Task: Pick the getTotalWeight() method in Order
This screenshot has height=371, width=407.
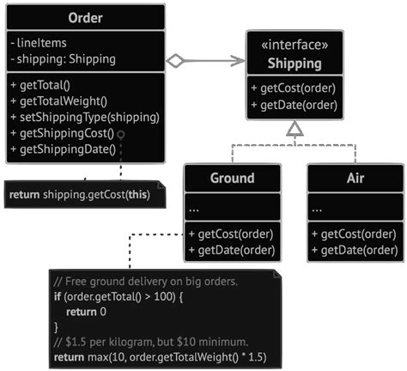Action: coord(63,101)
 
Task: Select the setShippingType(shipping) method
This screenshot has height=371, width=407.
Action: coord(84,117)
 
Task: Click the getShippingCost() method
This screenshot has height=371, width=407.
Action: coord(64,133)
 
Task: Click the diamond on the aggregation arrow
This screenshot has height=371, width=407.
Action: coord(176,60)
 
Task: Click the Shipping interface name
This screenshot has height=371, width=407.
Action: coord(295,64)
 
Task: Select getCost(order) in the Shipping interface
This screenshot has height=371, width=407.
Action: coord(294,88)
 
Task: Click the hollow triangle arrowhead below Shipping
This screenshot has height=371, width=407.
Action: coord(295,129)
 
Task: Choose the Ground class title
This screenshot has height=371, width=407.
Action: coord(232,179)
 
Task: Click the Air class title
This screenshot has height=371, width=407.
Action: coord(355,179)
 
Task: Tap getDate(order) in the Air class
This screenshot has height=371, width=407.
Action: coord(354,250)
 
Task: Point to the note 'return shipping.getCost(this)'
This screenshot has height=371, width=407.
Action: coord(79,195)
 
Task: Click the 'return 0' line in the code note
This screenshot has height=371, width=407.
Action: coord(85,311)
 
